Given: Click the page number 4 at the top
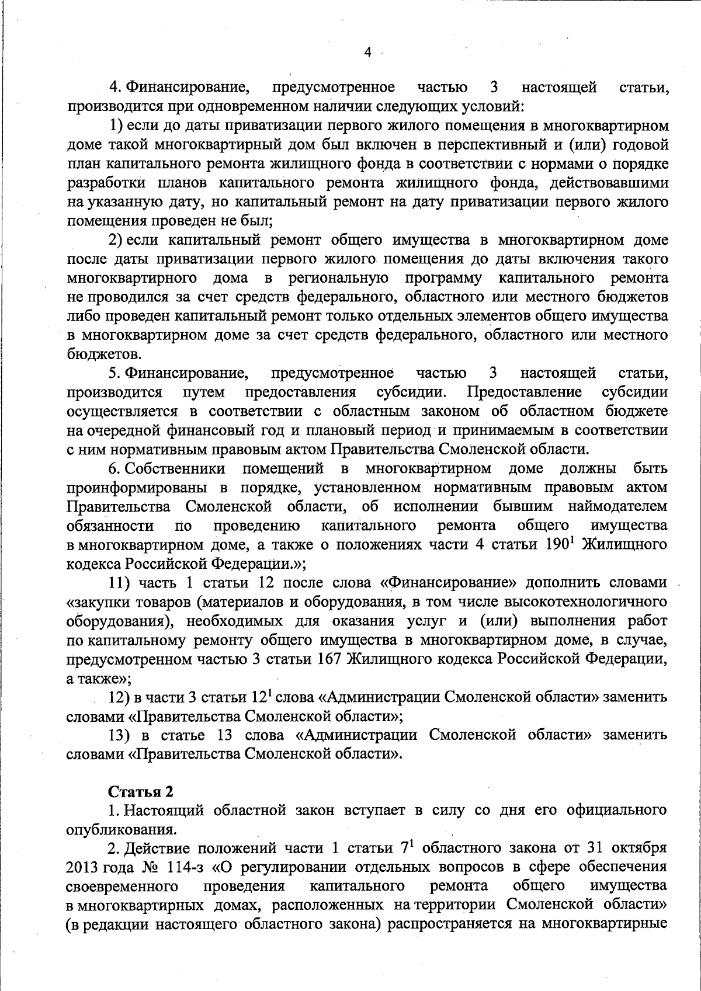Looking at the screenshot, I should (x=367, y=52).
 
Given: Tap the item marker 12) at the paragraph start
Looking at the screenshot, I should (x=122, y=697).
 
